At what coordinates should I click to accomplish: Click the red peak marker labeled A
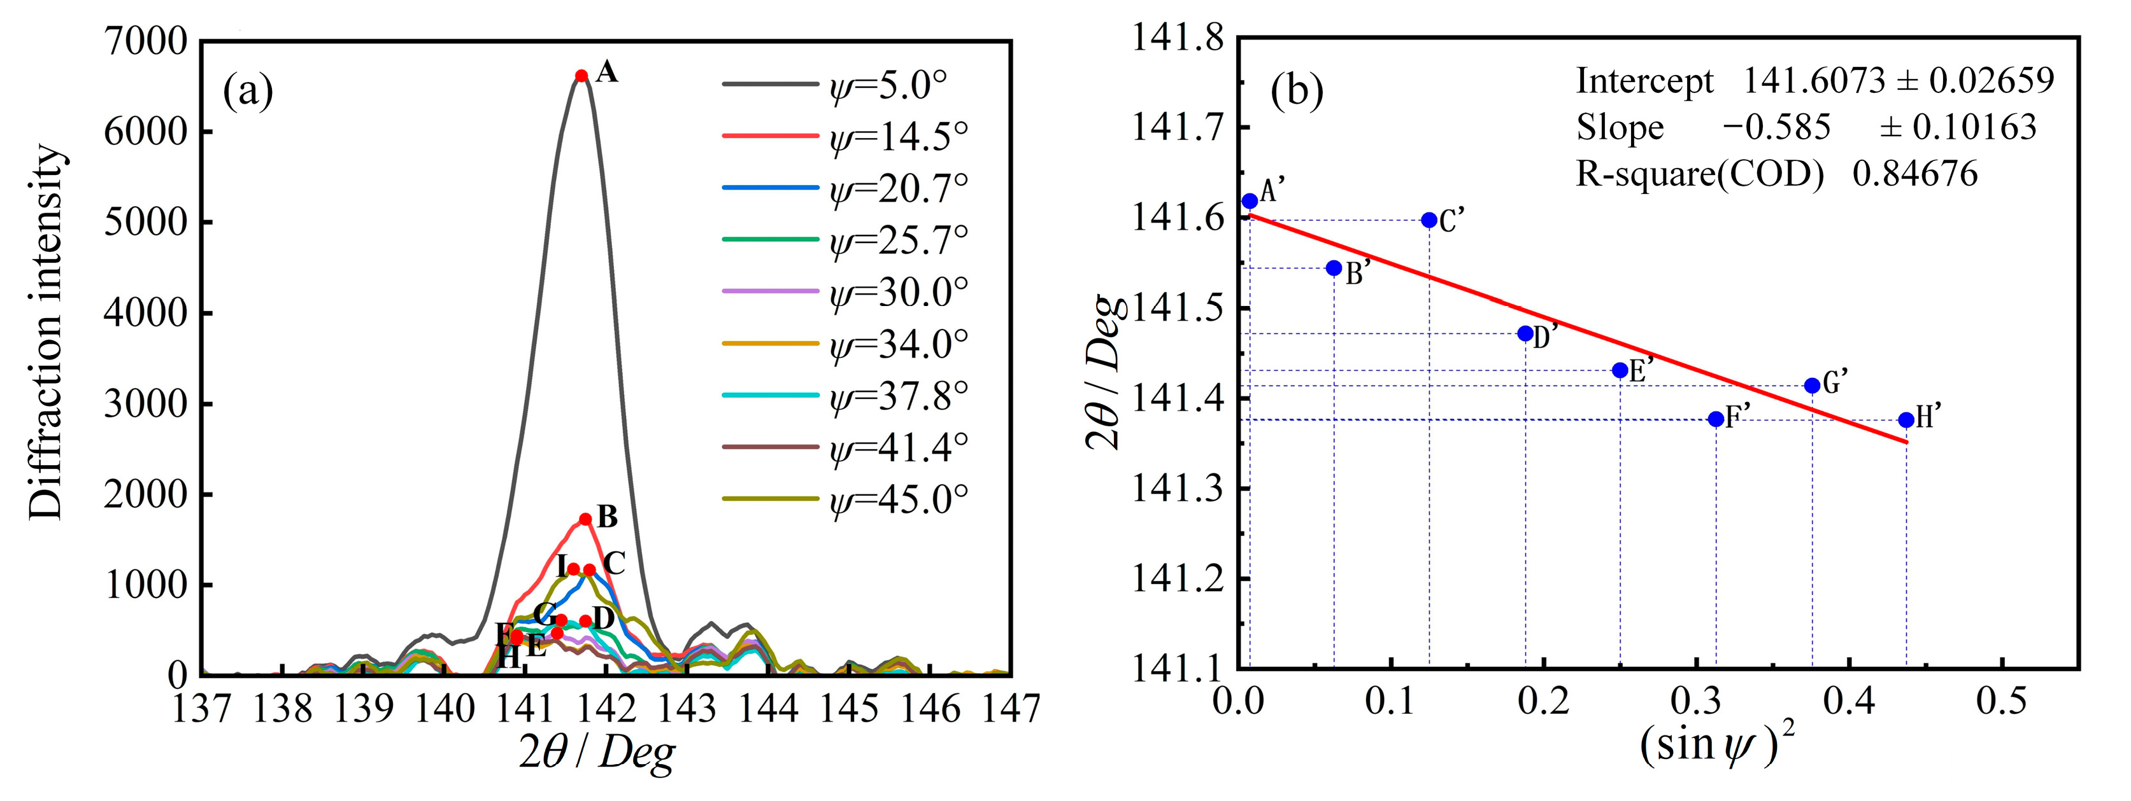[581, 76]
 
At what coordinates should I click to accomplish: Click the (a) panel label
[248, 90]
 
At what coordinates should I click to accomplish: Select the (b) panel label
[1296, 90]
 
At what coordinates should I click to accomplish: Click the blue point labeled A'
[1250, 201]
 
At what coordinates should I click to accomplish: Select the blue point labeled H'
[1906, 420]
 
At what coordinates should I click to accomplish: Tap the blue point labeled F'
[1716, 419]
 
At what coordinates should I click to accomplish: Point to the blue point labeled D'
[1525, 333]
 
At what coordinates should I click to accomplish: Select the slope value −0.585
[1776, 127]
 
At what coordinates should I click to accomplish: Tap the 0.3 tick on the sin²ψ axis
[1696, 701]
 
